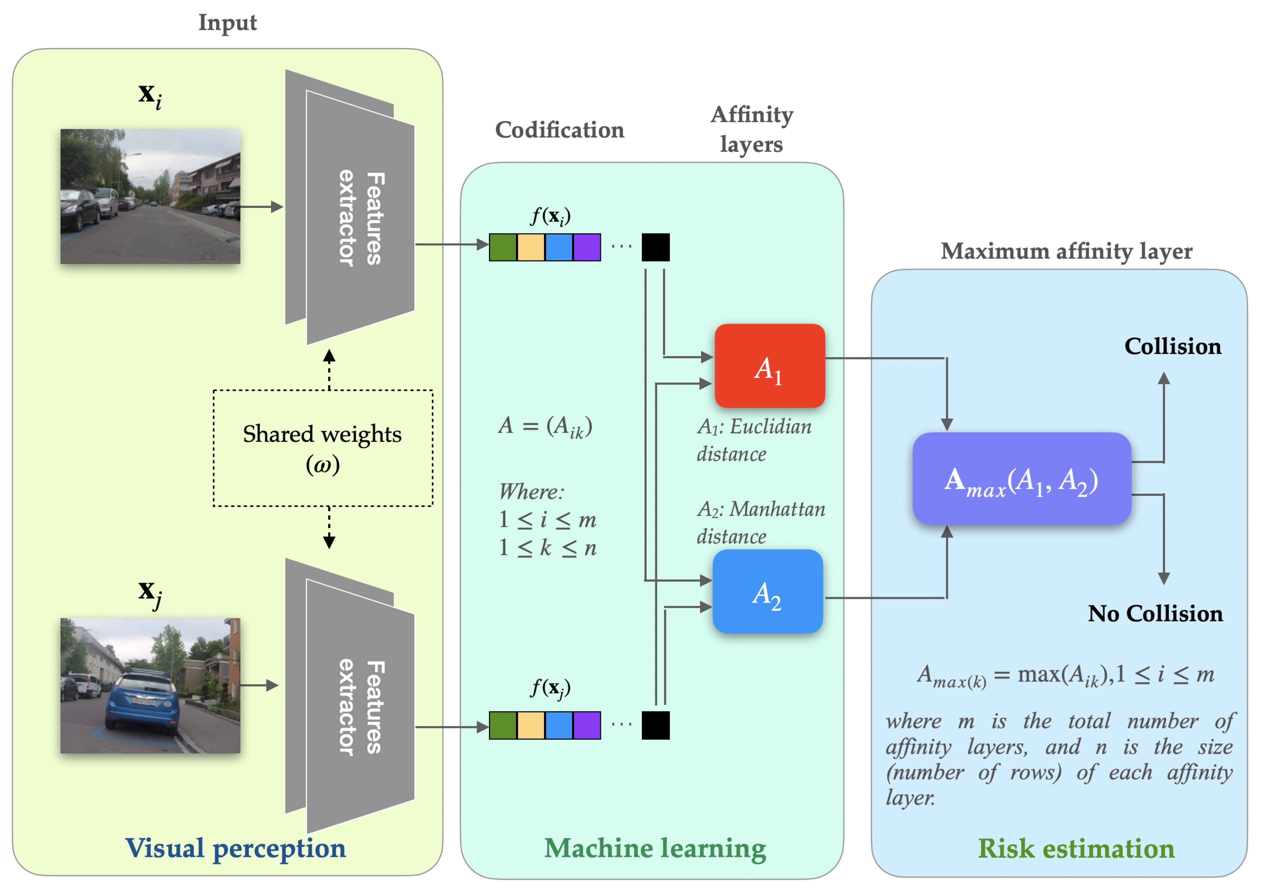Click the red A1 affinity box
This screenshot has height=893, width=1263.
tap(769, 366)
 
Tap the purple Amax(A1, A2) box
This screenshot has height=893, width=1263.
tap(1021, 479)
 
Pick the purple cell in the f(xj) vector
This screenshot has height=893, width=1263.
tap(587, 725)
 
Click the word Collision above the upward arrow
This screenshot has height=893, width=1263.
tap(1172, 347)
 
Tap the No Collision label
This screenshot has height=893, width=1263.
tap(1155, 613)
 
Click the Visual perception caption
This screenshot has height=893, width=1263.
tap(235, 848)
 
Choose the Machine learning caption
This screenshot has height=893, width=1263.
tap(654, 848)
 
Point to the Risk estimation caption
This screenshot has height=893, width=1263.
tap(1075, 848)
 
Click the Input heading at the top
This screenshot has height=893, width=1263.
tap(227, 23)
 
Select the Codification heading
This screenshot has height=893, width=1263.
tap(560, 130)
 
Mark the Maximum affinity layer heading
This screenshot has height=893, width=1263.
tap(1066, 252)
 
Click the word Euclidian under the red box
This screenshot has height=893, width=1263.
tap(770, 427)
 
